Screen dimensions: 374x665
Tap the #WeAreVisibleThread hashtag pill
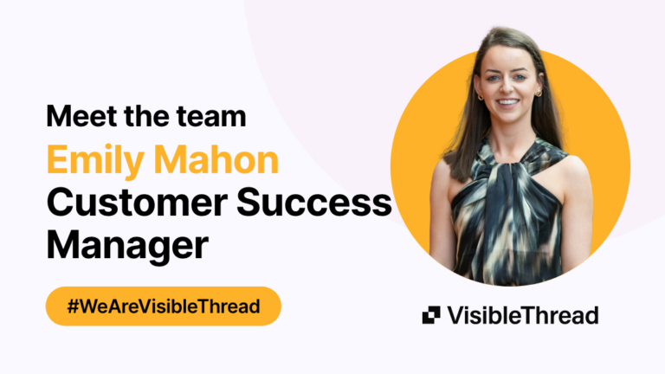(164, 306)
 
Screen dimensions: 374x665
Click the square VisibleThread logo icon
(431, 315)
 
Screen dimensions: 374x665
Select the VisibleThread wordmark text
(522, 315)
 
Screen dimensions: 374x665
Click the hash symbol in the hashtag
(73, 306)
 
